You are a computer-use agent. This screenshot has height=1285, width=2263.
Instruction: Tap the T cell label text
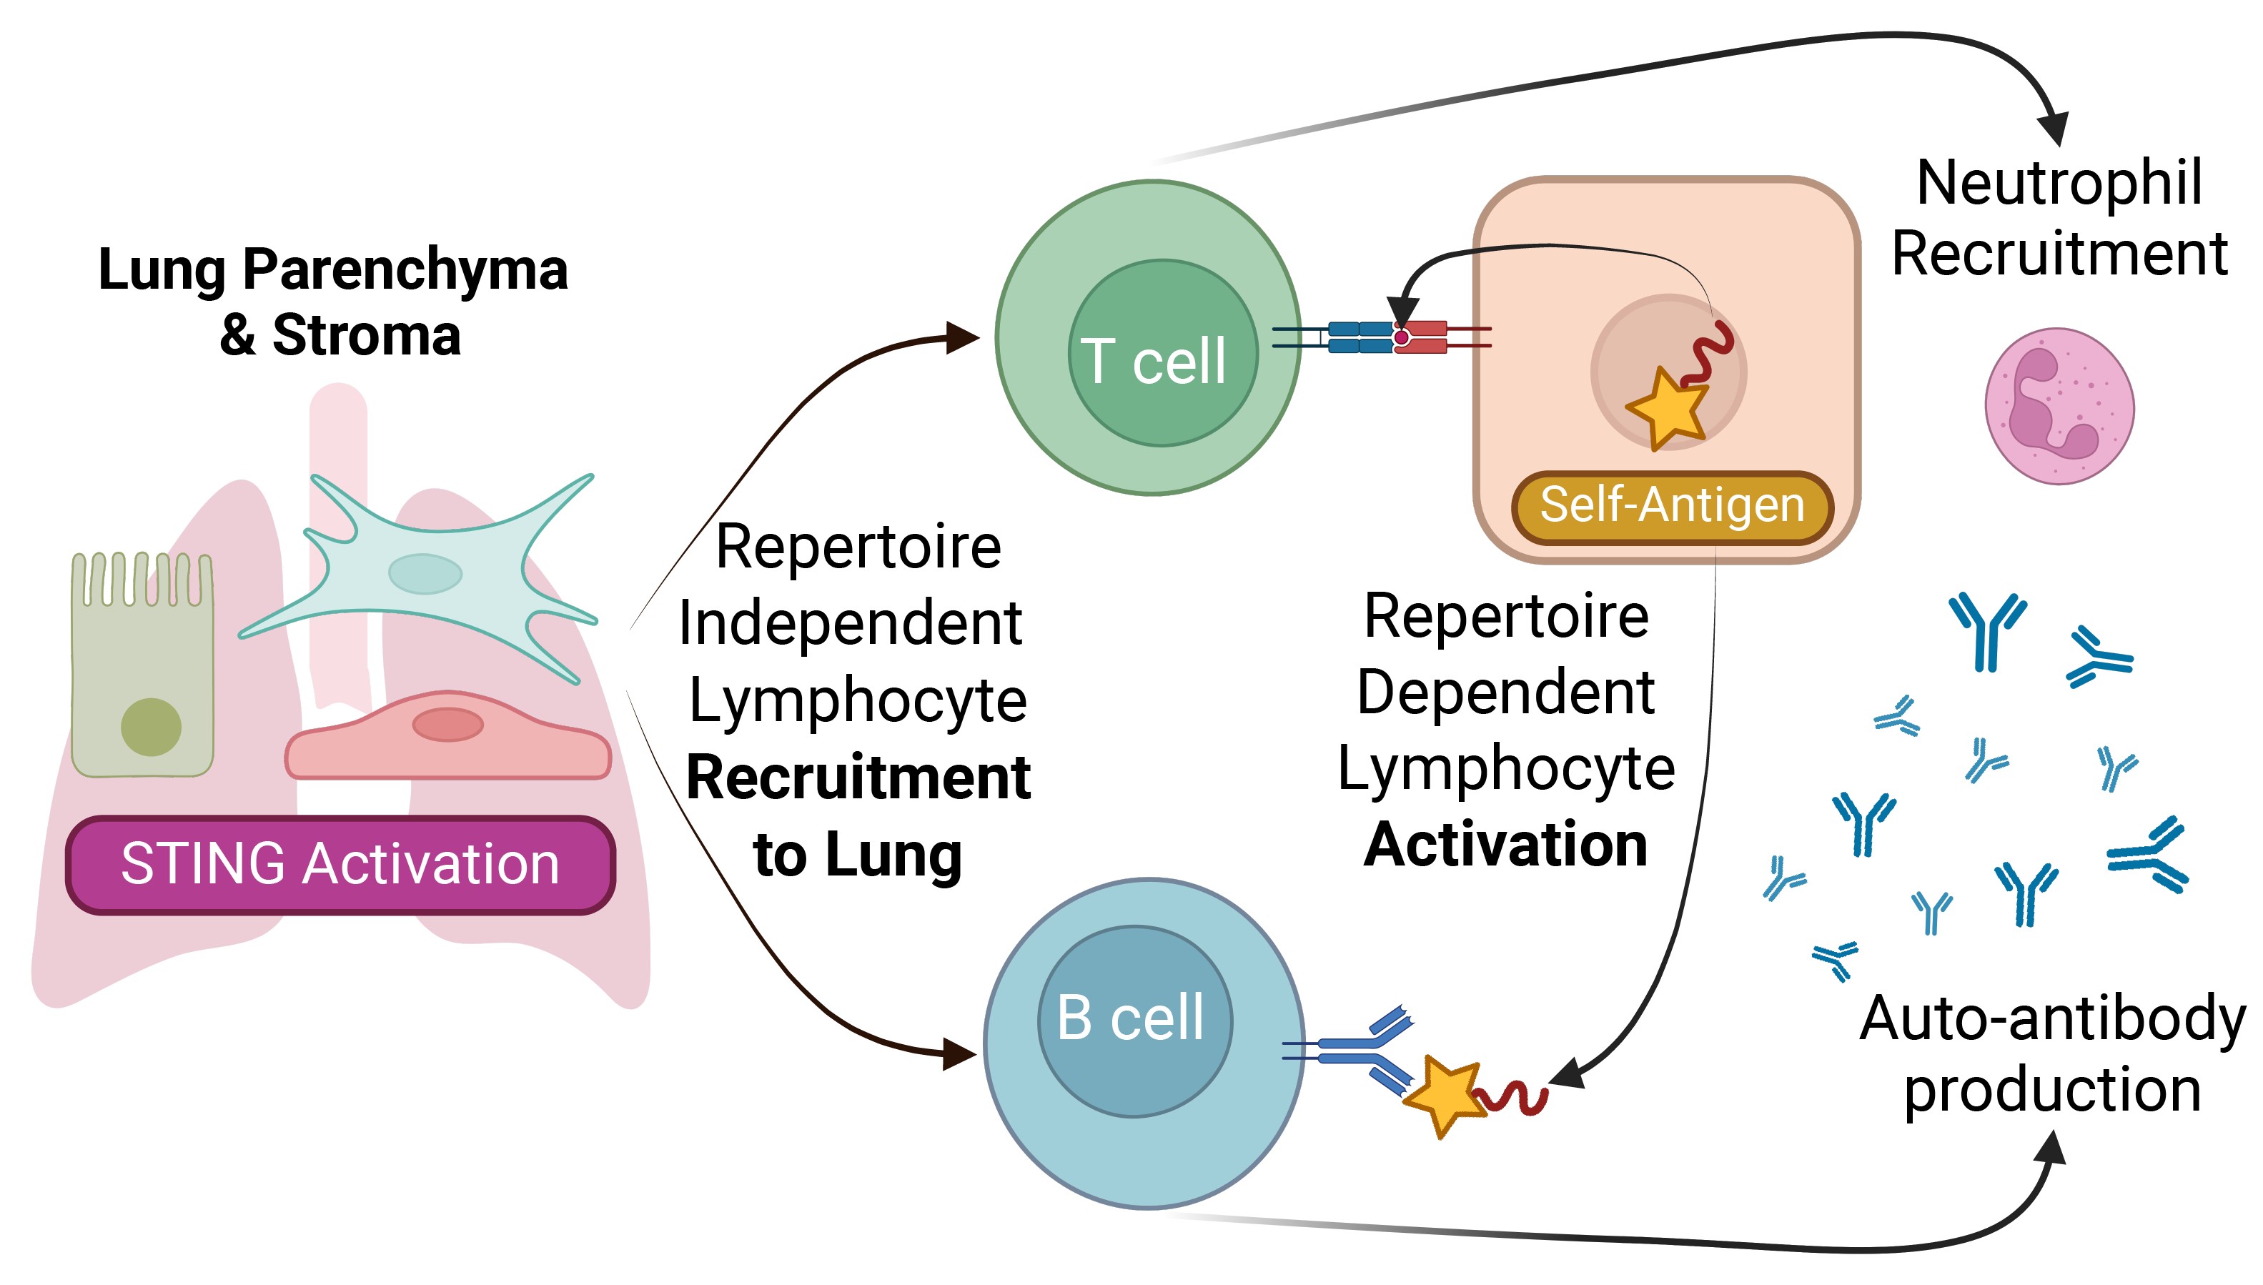[1153, 361]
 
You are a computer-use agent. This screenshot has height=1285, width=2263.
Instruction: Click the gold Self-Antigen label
[1672, 507]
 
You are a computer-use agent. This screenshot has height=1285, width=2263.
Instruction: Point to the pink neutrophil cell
[2059, 406]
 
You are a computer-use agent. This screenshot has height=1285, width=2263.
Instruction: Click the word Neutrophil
[2059, 184]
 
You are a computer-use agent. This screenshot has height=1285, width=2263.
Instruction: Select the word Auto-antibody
[2052, 1018]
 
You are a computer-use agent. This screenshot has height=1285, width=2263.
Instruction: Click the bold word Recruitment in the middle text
[858, 778]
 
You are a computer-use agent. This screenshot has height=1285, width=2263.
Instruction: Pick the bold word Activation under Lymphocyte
[1506, 845]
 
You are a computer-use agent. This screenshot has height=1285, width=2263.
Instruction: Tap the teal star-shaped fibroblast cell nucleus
[425, 574]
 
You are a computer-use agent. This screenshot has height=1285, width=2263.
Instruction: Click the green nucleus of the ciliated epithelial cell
[151, 726]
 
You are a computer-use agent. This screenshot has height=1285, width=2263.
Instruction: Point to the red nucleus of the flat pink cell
[447, 725]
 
